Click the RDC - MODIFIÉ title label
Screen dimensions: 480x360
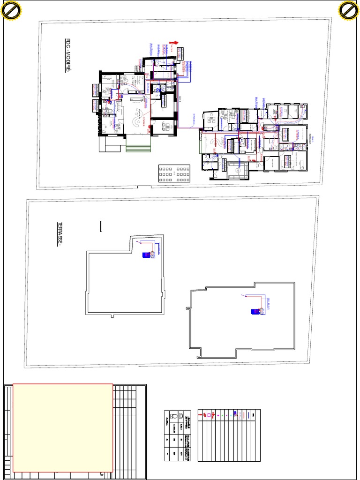click(67, 56)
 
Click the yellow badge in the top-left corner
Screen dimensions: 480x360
click(11, 11)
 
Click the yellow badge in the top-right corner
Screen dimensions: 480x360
click(349, 11)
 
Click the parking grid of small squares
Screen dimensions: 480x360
click(174, 174)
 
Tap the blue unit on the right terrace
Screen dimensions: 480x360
click(256, 310)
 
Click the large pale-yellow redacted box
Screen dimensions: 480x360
click(62, 427)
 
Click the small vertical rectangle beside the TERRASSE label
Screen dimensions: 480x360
click(101, 226)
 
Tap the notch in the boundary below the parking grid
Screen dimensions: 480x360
click(143, 187)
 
